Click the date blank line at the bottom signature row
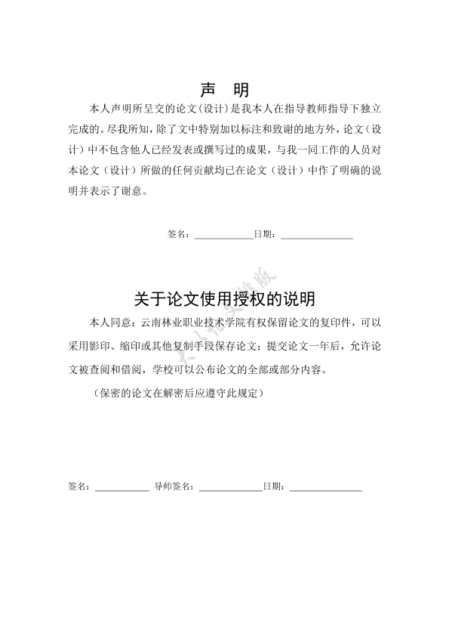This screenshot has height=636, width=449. click(x=326, y=489)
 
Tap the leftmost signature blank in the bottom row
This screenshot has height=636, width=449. click(x=121, y=489)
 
